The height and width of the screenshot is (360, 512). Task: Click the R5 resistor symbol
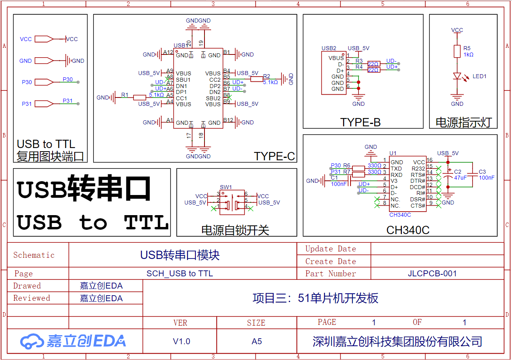pos(457,51)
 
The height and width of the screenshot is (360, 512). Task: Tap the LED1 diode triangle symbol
pos(457,76)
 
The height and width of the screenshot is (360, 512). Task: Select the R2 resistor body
pos(257,79)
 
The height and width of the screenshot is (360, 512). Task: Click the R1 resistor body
pos(140,97)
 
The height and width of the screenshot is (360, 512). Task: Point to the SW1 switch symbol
pos(232,202)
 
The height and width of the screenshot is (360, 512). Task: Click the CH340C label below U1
pos(400,215)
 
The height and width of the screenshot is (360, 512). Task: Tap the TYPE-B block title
pos(360,122)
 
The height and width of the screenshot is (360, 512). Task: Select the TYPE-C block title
pos(274,156)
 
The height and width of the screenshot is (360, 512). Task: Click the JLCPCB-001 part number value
pos(432,274)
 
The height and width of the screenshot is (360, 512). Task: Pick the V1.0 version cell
pos(182,341)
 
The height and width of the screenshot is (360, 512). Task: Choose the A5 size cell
pos(257,341)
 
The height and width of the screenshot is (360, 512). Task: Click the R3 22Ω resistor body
pos(374,64)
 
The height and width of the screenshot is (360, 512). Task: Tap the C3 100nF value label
pos(487,178)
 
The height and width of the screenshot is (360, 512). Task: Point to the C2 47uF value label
pos(460,178)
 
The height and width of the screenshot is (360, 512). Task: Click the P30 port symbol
pos(44,82)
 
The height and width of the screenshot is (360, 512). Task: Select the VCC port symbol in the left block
pos(44,39)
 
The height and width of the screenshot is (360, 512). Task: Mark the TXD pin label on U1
pos(396,169)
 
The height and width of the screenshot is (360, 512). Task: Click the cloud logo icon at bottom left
pos(32,341)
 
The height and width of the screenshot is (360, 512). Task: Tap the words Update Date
pos(331,249)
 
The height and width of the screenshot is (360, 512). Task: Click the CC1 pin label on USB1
pos(181,98)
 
